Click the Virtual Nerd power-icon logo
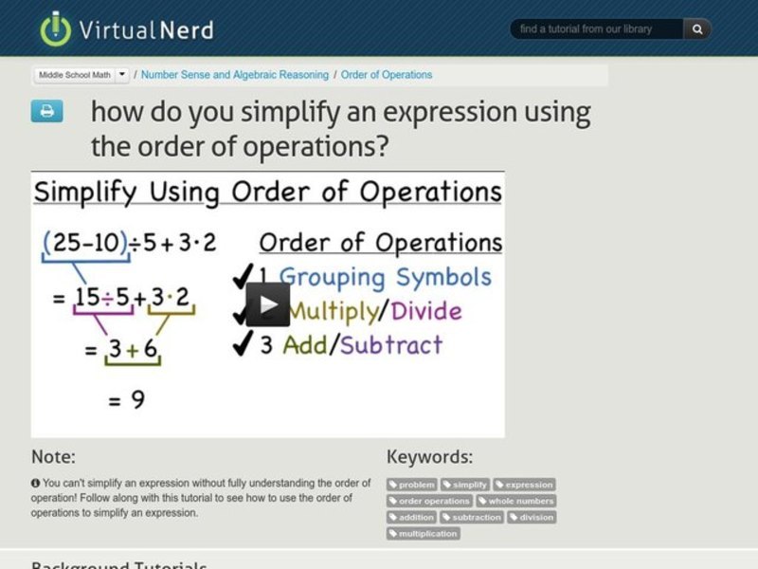click(56, 28)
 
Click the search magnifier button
click(697, 29)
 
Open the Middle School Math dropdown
click(82, 74)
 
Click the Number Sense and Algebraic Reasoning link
click(235, 75)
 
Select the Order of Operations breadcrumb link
click(387, 75)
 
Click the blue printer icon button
click(46, 112)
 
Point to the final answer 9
click(137, 400)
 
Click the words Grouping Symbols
click(386, 278)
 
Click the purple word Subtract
click(390, 344)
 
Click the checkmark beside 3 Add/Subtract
click(242, 343)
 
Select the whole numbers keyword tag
click(515, 501)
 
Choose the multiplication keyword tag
click(423, 534)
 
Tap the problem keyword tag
click(412, 485)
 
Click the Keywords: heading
click(429, 457)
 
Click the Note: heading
click(53, 457)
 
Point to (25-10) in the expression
click(84, 243)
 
